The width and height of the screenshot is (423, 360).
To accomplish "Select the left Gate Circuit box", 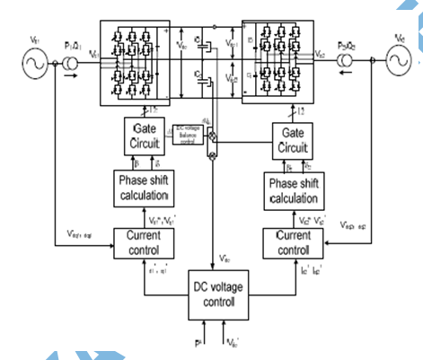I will (x=141, y=136).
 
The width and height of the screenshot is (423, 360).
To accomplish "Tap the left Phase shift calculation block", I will (x=145, y=189).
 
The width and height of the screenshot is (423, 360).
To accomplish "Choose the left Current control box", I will (x=144, y=241).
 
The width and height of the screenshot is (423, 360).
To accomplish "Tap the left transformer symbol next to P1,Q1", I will (x=69, y=64).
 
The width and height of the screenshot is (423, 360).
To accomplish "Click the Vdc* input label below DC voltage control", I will (x=232, y=344).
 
